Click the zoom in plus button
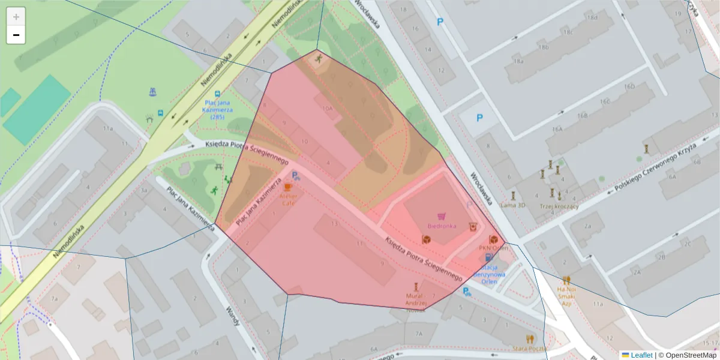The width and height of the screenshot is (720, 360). pyautogui.click(x=16, y=16)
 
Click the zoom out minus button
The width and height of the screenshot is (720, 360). pyautogui.click(x=16, y=35)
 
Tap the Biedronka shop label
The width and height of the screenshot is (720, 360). pyautogui.click(x=442, y=226)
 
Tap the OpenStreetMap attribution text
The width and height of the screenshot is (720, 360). pyautogui.click(x=687, y=355)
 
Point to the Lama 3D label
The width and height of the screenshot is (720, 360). pyautogui.click(x=512, y=205)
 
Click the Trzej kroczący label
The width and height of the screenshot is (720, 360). pyautogui.click(x=559, y=206)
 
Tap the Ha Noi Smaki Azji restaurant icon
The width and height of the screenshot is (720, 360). pyautogui.click(x=566, y=280)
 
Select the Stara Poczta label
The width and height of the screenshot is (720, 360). pyautogui.click(x=529, y=348)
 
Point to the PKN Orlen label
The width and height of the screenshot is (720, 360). pyautogui.click(x=493, y=248)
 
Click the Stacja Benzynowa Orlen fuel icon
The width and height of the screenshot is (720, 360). pyautogui.click(x=489, y=257)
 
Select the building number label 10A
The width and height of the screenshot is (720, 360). pyautogui.click(x=327, y=109)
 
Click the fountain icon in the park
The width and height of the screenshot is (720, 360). pyautogui.click(x=152, y=92)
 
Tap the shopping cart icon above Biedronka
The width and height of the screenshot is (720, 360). pyautogui.click(x=442, y=216)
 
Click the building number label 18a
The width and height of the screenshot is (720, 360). pyautogui.click(x=518, y=61)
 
